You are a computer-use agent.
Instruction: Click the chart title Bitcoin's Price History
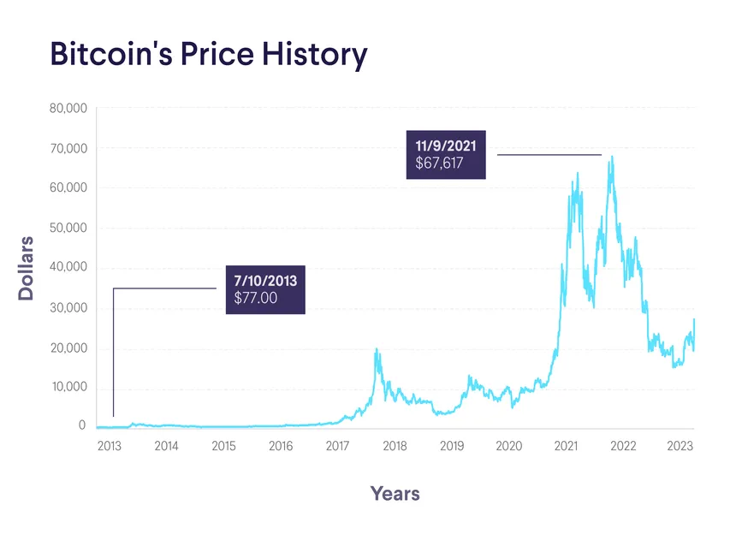209,54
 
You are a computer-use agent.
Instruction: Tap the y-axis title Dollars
27,268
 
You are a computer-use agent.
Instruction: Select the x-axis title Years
395,493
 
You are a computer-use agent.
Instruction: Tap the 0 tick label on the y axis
82,425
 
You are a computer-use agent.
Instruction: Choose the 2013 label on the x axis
110,446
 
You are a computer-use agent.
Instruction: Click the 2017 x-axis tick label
337,446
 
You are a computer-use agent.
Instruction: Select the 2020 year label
508,446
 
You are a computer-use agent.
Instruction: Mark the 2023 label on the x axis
680,446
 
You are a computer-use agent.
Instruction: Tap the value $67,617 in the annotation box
439,163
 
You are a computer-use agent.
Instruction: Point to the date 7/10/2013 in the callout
264,281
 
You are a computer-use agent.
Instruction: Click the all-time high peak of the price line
611,157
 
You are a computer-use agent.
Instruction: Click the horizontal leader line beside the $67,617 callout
549,155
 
